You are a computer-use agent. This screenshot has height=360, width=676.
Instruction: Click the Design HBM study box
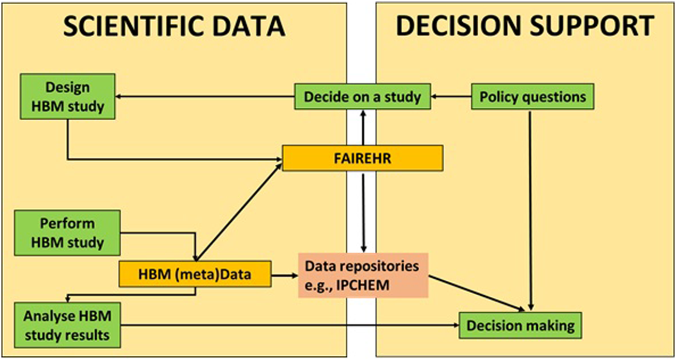[67, 96]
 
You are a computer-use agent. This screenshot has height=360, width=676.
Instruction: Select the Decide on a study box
[362, 97]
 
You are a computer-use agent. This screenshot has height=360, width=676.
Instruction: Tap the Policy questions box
[532, 97]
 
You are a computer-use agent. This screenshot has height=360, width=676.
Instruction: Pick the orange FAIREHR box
[362, 158]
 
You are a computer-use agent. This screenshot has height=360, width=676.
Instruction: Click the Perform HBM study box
[67, 233]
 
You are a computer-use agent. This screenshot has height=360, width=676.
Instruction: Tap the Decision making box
[520, 325]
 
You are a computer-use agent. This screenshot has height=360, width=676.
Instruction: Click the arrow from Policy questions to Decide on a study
[451, 97]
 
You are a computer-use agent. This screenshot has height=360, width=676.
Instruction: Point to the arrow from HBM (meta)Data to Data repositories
[285, 275]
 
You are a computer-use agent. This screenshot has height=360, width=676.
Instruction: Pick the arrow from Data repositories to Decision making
[476, 293]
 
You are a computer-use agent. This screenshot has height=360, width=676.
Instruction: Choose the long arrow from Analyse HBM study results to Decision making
[290, 325]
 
